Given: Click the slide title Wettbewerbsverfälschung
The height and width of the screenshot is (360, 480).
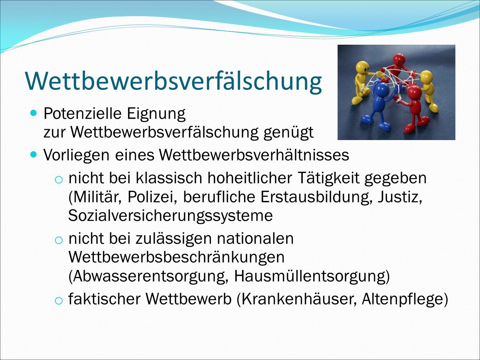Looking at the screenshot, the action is (x=173, y=81).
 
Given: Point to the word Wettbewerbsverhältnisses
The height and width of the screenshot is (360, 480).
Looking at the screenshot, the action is (x=254, y=155).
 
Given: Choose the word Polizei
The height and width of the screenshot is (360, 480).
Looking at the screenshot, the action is (x=152, y=197).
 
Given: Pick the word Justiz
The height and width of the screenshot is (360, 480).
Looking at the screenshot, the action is (x=400, y=197).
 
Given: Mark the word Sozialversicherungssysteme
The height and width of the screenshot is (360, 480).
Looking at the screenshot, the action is (x=170, y=216).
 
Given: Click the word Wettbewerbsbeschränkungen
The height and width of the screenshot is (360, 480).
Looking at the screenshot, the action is (x=176, y=257).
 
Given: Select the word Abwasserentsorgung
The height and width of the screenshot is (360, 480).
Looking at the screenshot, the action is (x=148, y=277).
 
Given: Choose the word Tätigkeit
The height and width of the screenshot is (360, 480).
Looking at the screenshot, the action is (x=328, y=178).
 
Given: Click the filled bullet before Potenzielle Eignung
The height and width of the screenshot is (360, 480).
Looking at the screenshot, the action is (x=33, y=114).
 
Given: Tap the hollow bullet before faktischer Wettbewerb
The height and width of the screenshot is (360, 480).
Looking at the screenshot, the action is (x=59, y=301).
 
